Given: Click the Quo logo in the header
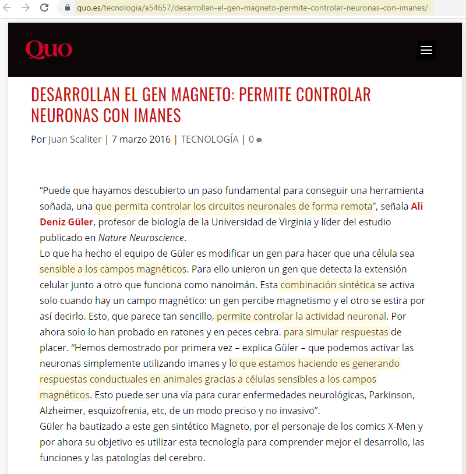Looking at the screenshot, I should (48, 49).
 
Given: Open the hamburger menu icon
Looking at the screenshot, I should (426, 50).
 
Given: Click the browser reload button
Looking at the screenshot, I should (44, 8).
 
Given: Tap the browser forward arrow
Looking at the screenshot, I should (26, 8).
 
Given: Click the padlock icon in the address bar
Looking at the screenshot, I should (68, 8).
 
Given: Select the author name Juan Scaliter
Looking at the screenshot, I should (75, 139).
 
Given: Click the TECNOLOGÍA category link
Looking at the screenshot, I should (209, 139).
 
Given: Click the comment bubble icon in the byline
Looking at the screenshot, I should (259, 140).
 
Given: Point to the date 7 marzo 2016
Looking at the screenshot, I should (141, 139).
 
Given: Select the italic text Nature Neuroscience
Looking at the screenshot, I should (141, 238).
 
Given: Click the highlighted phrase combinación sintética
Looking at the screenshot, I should (327, 285).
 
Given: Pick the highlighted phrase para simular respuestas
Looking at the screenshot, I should (336, 332).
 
